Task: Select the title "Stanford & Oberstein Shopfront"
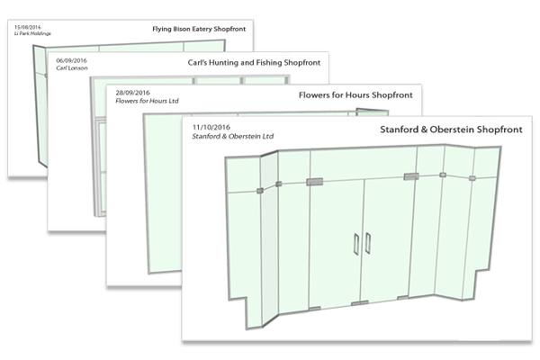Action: tap(437, 130)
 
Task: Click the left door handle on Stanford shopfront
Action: tap(356, 244)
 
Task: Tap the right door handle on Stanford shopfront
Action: tap(369, 244)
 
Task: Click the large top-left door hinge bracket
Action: tap(315, 183)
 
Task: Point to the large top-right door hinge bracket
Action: tap(411, 176)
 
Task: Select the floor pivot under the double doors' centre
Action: tap(362, 303)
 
